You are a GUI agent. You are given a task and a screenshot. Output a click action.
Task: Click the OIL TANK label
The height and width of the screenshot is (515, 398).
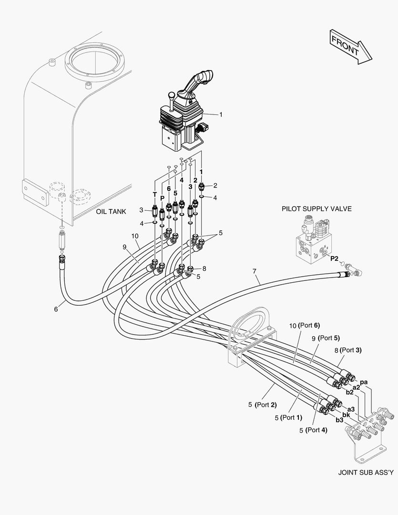(111, 211)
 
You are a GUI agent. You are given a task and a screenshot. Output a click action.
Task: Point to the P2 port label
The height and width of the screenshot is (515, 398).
(334, 258)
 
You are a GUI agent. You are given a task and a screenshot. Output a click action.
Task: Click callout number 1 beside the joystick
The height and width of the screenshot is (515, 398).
(221, 114)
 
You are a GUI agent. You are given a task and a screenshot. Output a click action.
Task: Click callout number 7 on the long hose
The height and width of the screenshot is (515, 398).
(255, 271)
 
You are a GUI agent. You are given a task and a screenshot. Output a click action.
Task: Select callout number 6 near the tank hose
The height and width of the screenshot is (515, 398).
(56, 309)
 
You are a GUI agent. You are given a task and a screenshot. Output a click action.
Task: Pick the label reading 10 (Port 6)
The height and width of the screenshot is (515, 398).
(304, 326)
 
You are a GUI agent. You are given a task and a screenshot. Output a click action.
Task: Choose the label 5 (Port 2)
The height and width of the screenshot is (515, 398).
(262, 405)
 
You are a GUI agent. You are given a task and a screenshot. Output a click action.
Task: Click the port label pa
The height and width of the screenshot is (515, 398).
(363, 382)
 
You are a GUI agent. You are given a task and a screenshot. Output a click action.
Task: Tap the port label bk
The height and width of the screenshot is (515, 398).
(347, 415)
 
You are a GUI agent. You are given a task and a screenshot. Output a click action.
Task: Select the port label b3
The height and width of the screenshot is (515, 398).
(339, 420)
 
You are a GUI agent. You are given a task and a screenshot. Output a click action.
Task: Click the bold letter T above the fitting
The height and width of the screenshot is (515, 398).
(154, 194)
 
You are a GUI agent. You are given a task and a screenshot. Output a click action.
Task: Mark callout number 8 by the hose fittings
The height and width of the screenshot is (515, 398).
(204, 268)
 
